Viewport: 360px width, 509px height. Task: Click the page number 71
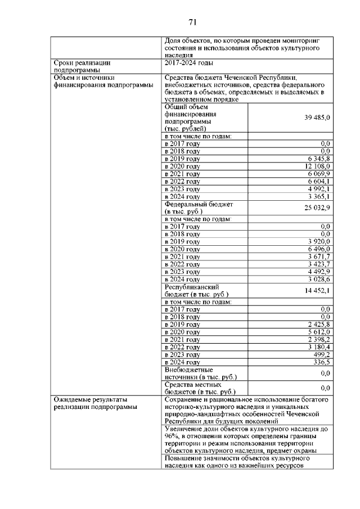coord(192,22)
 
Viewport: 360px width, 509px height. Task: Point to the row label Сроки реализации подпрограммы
coord(81,67)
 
